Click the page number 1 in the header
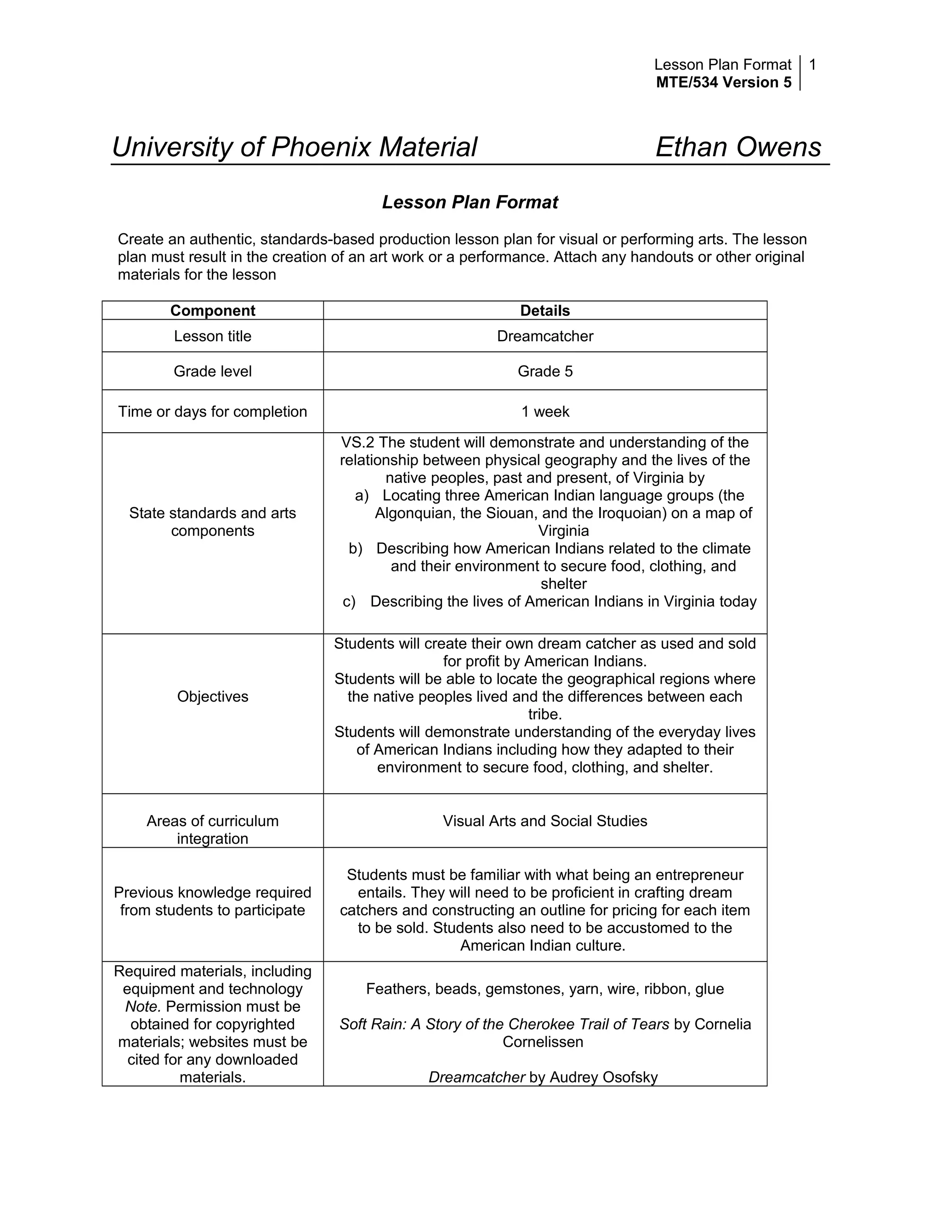pyautogui.click(x=812, y=65)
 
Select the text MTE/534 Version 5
pyautogui.click(x=723, y=83)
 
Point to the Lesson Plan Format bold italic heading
pyautogui.click(x=470, y=202)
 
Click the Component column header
pyautogui.click(x=212, y=310)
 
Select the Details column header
pyautogui.click(x=544, y=310)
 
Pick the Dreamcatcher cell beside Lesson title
pyautogui.click(x=544, y=336)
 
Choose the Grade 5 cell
pyautogui.click(x=544, y=371)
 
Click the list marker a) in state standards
pyautogui.click(x=362, y=496)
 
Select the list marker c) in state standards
pyautogui.click(x=349, y=602)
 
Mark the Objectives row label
pyautogui.click(x=212, y=697)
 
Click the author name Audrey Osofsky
pyautogui.click(x=603, y=1077)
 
